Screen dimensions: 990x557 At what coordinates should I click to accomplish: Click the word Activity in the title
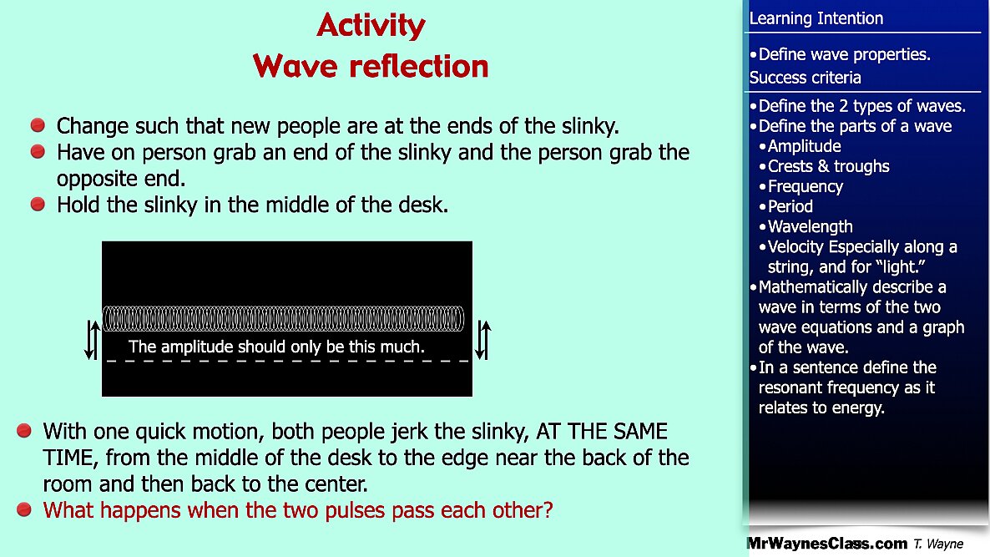click(371, 27)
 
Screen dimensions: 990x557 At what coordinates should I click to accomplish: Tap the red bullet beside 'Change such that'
click(38, 125)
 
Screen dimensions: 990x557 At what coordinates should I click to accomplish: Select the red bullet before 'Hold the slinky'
click(38, 204)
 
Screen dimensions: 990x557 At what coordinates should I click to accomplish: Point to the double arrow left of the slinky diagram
click(92, 340)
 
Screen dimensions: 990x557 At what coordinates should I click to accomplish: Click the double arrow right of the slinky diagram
click(483, 340)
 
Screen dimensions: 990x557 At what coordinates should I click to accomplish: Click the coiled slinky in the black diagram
click(283, 319)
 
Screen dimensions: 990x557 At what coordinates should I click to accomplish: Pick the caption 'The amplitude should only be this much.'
click(276, 347)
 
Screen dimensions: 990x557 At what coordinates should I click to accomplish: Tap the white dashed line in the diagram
click(287, 362)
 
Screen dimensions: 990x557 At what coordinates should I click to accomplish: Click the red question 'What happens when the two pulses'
click(298, 510)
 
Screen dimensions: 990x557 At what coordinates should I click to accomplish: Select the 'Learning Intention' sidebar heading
click(816, 18)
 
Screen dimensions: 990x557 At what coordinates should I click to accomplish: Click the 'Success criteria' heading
click(805, 78)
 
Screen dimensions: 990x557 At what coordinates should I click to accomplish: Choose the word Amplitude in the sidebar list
click(805, 146)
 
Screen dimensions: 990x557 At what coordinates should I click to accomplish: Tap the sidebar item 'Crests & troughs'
click(828, 167)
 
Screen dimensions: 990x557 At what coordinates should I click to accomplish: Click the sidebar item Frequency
click(805, 187)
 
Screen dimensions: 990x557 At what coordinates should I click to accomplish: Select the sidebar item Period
click(790, 206)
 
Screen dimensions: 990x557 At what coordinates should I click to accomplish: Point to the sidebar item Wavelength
click(810, 226)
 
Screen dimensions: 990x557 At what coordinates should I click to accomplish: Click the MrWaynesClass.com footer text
click(827, 543)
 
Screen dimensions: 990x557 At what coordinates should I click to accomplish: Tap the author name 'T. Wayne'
click(938, 544)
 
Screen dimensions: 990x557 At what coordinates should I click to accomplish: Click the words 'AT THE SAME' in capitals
click(602, 432)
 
